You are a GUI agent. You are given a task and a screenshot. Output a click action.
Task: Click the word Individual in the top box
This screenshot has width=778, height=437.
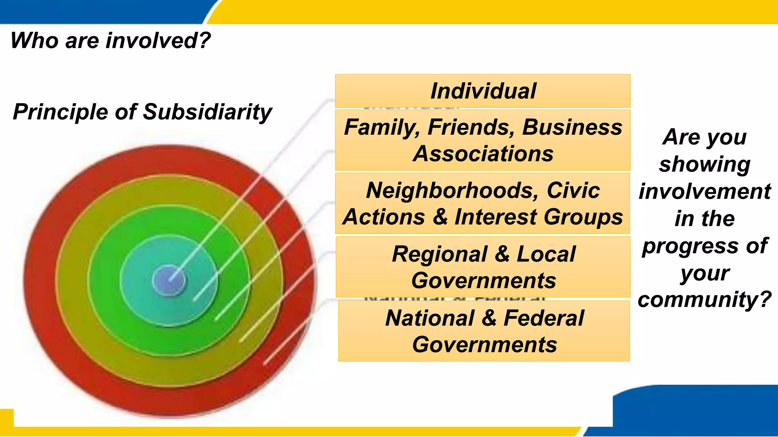pos(483,91)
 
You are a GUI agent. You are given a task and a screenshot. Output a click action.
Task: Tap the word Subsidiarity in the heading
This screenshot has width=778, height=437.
pos(207,112)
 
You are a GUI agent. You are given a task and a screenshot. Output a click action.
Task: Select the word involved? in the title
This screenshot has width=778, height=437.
pos(158,41)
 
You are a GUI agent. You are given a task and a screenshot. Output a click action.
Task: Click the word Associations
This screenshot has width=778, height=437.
pos(483,154)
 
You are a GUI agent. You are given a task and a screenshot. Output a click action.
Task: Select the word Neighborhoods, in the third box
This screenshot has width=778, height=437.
pos(452,190)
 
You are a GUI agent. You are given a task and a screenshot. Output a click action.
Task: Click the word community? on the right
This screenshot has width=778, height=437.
pos(704,300)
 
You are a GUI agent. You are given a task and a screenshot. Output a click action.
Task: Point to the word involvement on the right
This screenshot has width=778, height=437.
pos(704,191)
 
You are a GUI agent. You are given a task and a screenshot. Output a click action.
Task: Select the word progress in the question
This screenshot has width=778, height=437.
pos(691,246)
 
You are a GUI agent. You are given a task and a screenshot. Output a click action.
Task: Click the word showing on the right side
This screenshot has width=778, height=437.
pos(704,164)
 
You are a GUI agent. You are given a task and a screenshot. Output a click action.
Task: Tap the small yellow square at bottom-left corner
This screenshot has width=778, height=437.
pos(6,417)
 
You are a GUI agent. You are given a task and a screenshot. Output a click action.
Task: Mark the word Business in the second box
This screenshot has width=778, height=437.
pos(572,127)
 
